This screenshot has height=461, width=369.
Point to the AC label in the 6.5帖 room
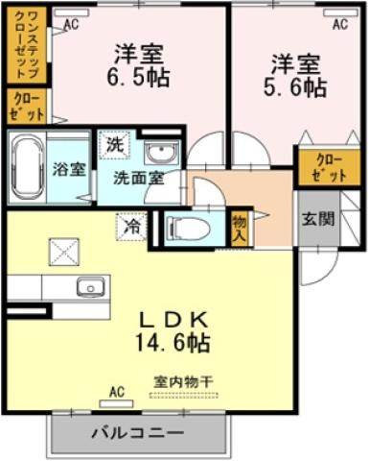tap(70, 27)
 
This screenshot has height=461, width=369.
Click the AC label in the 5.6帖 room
tap(339, 26)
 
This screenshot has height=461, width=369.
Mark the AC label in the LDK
tap(117, 392)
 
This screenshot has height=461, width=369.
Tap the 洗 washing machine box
tap(115, 145)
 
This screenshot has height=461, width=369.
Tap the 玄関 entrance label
tap(318, 219)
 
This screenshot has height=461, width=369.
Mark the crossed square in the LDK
tap(67, 252)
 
